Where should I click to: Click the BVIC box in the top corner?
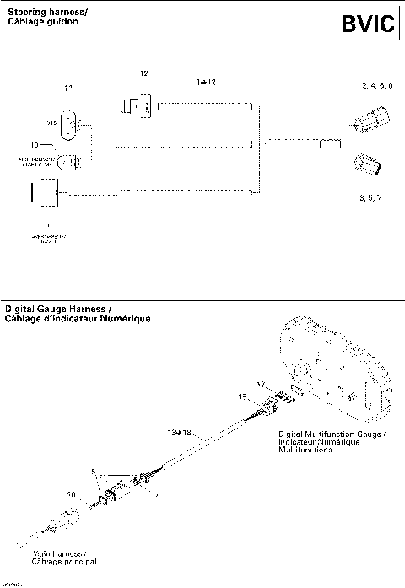tap(367, 26)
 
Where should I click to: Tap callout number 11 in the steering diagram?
tap(68, 89)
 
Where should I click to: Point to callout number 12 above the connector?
tap(143, 74)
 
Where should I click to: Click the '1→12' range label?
tap(206, 82)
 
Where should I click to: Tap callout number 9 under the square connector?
tap(50, 227)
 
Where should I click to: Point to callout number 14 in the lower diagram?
tap(155, 497)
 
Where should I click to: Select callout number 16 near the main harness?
tap(72, 495)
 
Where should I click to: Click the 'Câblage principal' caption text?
tap(65, 561)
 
